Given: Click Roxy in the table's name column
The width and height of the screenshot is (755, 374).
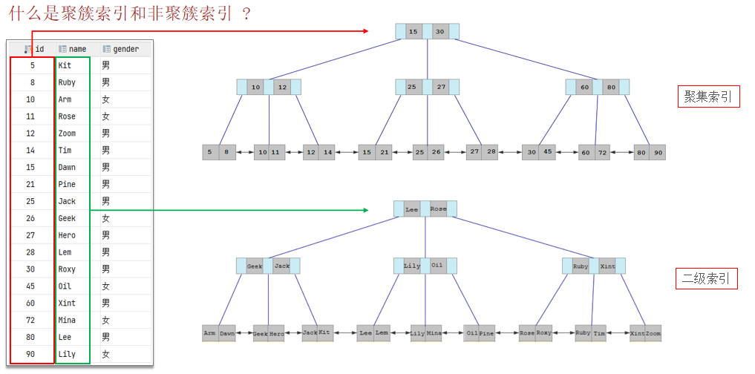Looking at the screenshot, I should (x=67, y=269).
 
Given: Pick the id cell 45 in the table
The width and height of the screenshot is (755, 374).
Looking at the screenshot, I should (x=32, y=286).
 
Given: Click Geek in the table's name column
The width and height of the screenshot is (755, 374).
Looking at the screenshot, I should (x=67, y=219).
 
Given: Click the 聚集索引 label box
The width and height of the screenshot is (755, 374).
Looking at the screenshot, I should (x=708, y=97).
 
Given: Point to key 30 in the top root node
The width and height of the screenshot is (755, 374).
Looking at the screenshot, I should (x=439, y=32).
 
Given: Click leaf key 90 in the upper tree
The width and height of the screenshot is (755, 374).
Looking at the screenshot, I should (x=657, y=153).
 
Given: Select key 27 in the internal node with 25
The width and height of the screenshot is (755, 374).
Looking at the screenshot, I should (x=441, y=88).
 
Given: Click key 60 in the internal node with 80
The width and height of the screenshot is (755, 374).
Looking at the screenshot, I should (x=585, y=88).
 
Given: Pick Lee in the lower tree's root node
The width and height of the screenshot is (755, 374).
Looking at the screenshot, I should (x=411, y=210).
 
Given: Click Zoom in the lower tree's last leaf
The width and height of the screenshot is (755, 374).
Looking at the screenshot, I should (x=653, y=334).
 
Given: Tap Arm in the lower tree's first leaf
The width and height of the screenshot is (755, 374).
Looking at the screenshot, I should (x=210, y=334).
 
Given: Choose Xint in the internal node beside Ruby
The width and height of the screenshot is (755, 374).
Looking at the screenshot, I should (x=608, y=266).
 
